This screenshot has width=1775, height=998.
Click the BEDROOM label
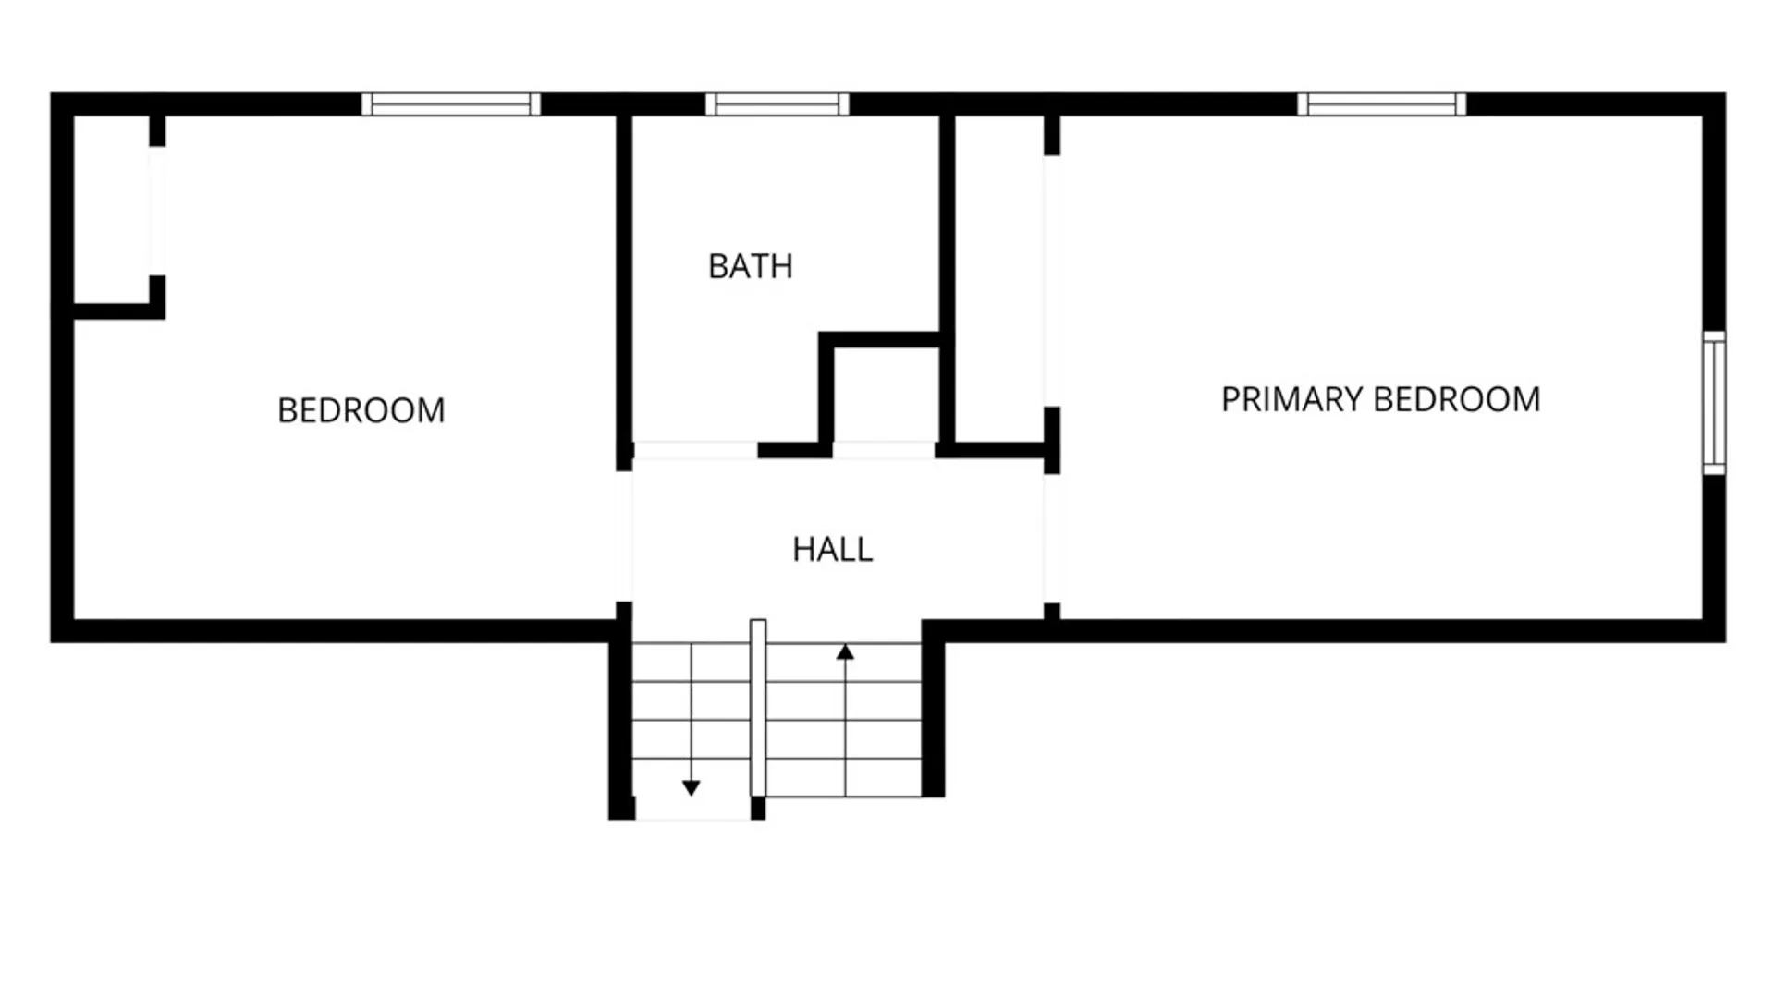361,410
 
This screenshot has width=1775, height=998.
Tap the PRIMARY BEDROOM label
1380,399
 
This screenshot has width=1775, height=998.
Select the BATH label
751,266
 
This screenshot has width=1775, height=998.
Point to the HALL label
832,550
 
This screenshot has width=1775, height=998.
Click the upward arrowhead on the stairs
845,652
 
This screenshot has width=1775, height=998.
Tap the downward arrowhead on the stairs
691,787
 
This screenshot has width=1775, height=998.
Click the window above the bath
777,104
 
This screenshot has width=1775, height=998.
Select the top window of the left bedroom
451,104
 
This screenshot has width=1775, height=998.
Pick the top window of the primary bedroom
1381,104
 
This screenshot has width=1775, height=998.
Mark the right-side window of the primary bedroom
1714,403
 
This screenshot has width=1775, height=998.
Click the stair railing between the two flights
758,707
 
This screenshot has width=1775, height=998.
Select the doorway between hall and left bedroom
624,537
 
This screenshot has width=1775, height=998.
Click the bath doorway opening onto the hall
695,451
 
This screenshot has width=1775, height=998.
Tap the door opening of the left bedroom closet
157,211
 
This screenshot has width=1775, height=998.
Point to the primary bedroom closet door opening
1052,281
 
